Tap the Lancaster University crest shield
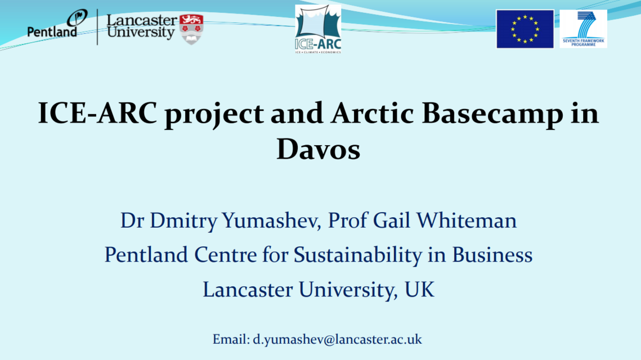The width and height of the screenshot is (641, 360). coord(191,28)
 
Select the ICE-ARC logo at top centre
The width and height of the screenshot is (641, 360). coord(318,29)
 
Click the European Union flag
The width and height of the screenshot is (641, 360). coord(525,29)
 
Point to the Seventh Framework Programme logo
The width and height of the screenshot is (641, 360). coord(583,29)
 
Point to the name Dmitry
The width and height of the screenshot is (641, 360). coord(182,220)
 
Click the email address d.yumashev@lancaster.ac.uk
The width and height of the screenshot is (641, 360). coord(337,340)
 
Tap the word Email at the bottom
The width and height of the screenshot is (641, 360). coord(230,340)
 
